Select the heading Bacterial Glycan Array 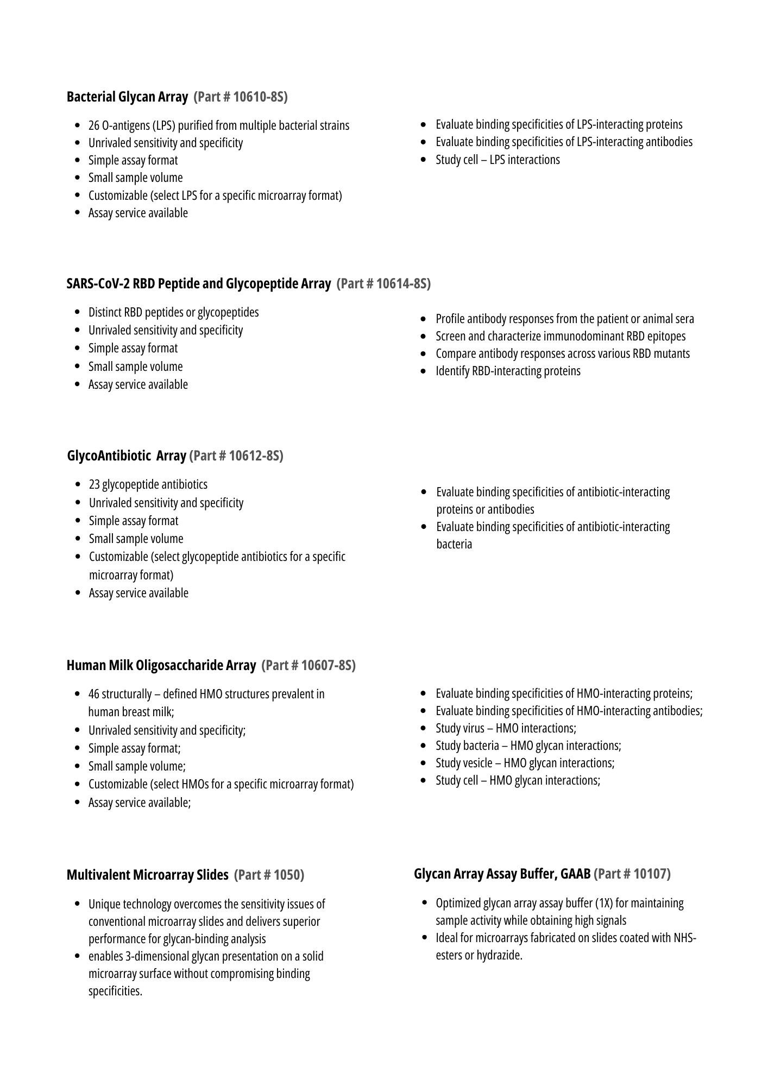click(x=127, y=97)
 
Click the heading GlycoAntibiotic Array click(x=127, y=456)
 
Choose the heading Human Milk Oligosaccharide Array click(x=161, y=666)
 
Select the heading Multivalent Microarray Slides click(x=147, y=875)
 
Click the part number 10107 click(x=650, y=874)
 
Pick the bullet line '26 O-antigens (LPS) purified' click(x=218, y=126)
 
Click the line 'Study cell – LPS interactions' click(x=498, y=160)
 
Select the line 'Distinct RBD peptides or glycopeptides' click(x=173, y=313)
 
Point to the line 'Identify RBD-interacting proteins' click(x=508, y=371)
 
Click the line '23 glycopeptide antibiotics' click(x=148, y=485)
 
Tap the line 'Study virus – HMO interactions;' click(x=506, y=729)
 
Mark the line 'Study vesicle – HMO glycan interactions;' click(x=525, y=763)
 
